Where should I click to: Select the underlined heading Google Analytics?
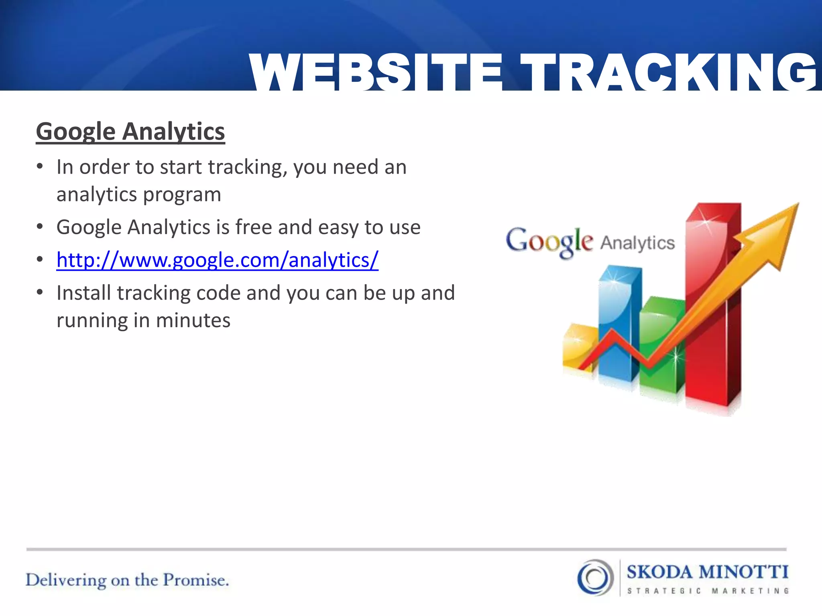(130, 132)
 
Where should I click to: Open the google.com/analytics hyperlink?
(217, 260)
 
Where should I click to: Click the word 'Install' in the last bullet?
(83, 293)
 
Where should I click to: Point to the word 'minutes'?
(193, 320)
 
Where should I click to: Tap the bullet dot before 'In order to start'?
(39, 166)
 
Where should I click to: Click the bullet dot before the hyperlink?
(39, 260)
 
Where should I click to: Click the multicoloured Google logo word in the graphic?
(549, 241)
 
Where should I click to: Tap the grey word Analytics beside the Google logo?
(637, 243)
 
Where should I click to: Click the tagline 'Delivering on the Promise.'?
(127, 580)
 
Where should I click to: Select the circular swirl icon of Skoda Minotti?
(596, 577)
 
